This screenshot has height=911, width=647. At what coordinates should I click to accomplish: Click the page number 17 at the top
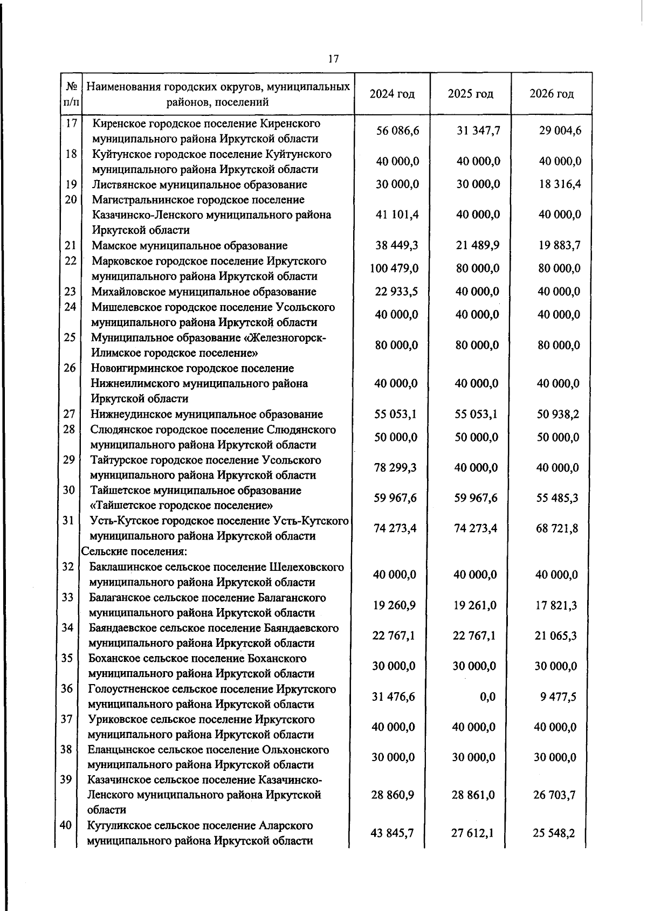[x=333, y=59]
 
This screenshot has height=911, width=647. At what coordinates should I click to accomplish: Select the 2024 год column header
[x=392, y=94]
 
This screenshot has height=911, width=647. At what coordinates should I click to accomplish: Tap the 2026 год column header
[x=552, y=94]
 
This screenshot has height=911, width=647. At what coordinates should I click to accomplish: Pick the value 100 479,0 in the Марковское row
[x=394, y=268]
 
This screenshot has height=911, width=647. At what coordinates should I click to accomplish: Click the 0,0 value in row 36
[x=487, y=697]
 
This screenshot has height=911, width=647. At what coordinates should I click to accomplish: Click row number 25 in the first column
[x=70, y=338]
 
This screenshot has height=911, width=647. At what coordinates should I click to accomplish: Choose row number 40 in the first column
[x=66, y=825]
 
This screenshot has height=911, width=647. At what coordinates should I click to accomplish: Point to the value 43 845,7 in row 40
[x=393, y=833]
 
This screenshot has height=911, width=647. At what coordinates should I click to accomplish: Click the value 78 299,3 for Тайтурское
[x=395, y=467]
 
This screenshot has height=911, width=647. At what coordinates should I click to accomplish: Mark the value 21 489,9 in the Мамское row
[x=478, y=245]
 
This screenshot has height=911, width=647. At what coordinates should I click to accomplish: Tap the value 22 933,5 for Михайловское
[x=397, y=292]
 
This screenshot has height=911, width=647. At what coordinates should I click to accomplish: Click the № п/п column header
[x=71, y=94]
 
